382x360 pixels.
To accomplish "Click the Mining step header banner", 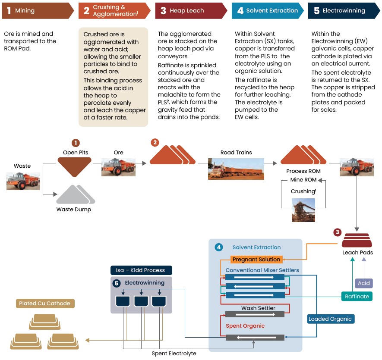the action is tap(38, 11).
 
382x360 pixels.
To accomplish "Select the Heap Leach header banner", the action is tap(191, 11).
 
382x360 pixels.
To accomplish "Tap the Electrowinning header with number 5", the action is tap(344, 11).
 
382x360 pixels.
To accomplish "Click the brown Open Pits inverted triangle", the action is tap(75, 167).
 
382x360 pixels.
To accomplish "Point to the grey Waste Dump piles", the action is tap(76, 194).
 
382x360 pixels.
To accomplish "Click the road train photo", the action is tap(236, 169).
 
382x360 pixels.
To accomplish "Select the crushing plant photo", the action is tap(303, 210).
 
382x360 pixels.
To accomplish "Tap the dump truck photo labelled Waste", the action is tap(23, 181).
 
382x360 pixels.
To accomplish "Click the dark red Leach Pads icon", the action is tap(357, 240).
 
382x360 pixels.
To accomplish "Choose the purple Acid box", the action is tap(364, 283).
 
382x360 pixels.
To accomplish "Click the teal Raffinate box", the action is tap(357, 296).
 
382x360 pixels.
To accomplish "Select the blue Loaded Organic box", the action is tap(330, 319).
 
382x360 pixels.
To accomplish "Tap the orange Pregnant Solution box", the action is tap(256, 260).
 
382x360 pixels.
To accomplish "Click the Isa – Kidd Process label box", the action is tap(141, 270).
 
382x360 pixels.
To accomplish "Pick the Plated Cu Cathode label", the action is tap(45, 304).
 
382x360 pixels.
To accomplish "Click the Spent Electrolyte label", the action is tap(174, 354).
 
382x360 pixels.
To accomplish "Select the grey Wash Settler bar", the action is tap(255, 314).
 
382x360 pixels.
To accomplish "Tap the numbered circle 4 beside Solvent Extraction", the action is tap(219, 247).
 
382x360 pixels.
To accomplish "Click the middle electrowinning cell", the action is tap(141, 301).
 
